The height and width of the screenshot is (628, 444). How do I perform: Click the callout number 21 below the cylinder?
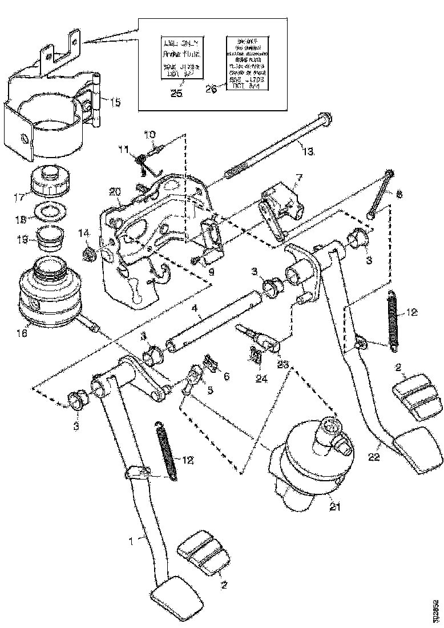332,506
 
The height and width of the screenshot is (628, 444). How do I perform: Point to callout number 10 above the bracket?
149,135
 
